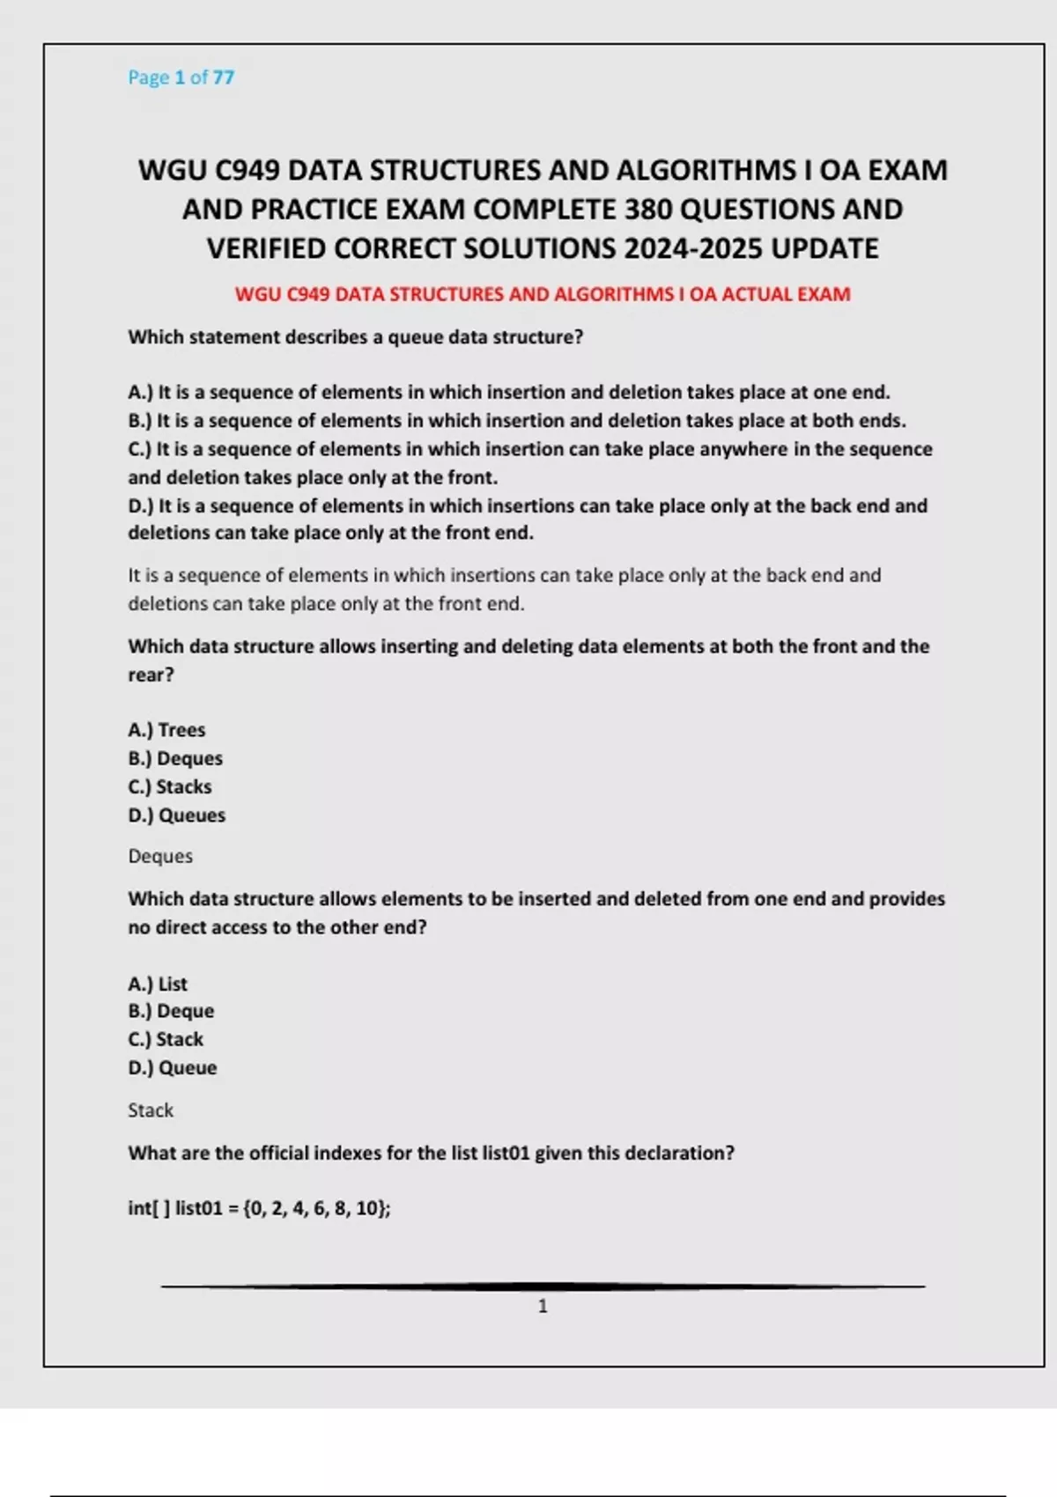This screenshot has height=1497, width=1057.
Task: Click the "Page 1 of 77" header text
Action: (181, 77)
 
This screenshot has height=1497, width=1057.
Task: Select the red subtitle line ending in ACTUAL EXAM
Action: (543, 294)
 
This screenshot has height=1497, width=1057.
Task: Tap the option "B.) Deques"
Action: (175, 758)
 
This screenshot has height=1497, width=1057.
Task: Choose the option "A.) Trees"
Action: (166, 730)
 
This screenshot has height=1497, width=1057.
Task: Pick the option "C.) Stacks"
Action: (170, 786)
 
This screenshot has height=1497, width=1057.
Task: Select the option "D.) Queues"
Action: (176, 815)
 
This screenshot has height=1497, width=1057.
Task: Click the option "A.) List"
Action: (158, 984)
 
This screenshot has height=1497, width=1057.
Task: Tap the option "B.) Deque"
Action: (171, 1011)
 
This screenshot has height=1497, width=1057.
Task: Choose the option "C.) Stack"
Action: (166, 1039)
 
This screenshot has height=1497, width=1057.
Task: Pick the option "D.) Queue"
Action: (173, 1068)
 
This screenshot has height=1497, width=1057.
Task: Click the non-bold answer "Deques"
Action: (160, 856)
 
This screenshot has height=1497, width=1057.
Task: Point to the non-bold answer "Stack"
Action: (151, 1110)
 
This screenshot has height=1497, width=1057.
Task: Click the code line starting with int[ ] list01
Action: (259, 1208)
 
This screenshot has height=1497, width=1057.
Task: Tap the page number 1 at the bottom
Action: (543, 1306)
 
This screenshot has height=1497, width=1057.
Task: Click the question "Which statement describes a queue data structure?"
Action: (356, 337)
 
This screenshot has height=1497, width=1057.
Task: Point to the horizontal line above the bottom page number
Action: (543, 1287)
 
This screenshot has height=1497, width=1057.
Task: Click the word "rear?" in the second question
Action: (152, 675)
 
